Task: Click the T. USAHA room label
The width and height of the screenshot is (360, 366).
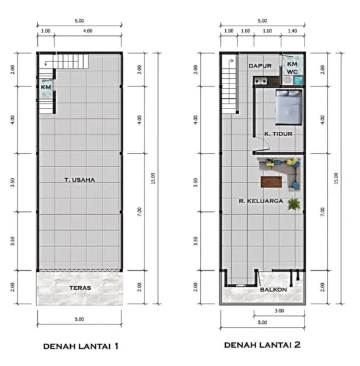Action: pyautogui.click(x=79, y=180)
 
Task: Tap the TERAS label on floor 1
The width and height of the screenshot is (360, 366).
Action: pyautogui.click(x=80, y=288)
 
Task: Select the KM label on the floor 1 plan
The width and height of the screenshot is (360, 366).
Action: pyautogui.click(x=46, y=87)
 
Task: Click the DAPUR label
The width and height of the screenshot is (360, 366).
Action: pyautogui.click(x=260, y=66)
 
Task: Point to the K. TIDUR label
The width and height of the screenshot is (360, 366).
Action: pyautogui.click(x=278, y=134)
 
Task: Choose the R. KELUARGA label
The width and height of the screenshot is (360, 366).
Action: pyautogui.click(x=261, y=201)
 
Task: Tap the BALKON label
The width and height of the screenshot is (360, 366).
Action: pyautogui.click(x=273, y=290)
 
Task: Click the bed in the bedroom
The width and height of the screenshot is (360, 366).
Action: pyautogui.click(x=289, y=107)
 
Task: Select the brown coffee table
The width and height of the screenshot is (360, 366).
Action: pyautogui.click(x=271, y=182)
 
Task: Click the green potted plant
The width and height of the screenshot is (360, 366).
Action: pyautogui.click(x=294, y=204)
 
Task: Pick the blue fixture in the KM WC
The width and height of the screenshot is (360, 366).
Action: pyautogui.click(x=298, y=81)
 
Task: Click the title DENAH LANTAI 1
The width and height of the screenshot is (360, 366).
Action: pyautogui.click(x=81, y=346)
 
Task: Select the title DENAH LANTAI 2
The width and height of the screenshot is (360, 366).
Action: pyautogui.click(x=262, y=345)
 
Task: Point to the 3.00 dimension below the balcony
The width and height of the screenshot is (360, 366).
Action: pyautogui.click(x=279, y=310)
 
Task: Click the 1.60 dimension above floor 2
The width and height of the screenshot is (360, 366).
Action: pyautogui.click(x=267, y=31)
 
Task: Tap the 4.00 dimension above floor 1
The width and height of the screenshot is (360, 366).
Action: pyautogui.click(x=88, y=31)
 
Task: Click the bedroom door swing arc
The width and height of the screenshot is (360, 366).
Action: pyautogui.click(x=265, y=142)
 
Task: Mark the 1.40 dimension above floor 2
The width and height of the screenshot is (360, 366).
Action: pyautogui.click(x=292, y=31)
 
